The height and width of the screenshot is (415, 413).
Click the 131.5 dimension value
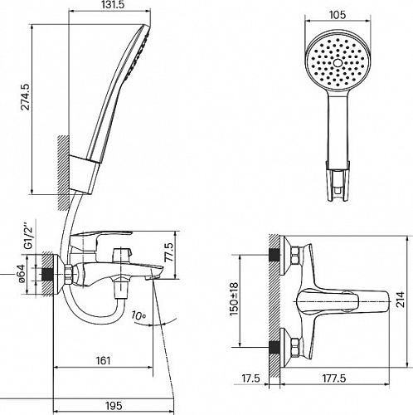pos(109,4)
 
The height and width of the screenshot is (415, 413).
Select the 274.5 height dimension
pos(27,97)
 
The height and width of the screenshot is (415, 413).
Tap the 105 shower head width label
pos(338,15)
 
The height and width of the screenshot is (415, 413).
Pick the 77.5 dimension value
pos(168,252)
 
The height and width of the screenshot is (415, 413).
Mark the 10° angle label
pos(138,315)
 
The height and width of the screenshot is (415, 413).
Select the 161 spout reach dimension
pos(103,360)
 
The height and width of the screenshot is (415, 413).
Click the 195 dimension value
pos(114,406)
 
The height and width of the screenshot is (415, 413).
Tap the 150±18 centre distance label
pos(234,300)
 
